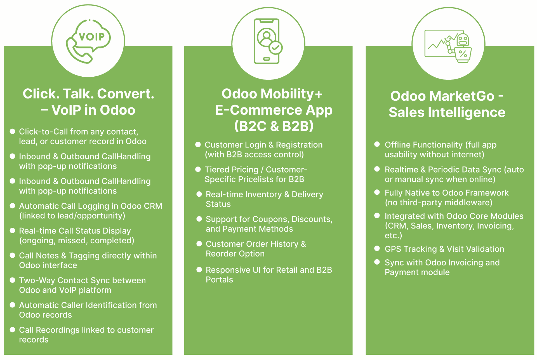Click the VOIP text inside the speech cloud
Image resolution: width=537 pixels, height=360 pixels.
[91, 36]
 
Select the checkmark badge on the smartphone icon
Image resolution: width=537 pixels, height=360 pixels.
[275, 48]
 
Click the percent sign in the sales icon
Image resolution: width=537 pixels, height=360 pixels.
[463, 53]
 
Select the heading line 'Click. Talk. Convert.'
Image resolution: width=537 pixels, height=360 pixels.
[88, 94]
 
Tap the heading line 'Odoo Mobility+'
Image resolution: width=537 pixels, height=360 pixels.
[272, 94]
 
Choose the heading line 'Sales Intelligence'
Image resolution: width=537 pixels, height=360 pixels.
[447, 112]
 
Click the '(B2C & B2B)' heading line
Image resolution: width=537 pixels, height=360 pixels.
[274, 126]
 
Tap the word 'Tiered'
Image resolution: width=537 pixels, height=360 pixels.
[217, 170]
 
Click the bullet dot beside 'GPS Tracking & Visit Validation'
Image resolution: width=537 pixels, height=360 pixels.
[377, 248]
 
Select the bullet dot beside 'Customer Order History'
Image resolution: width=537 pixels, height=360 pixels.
[199, 244]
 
